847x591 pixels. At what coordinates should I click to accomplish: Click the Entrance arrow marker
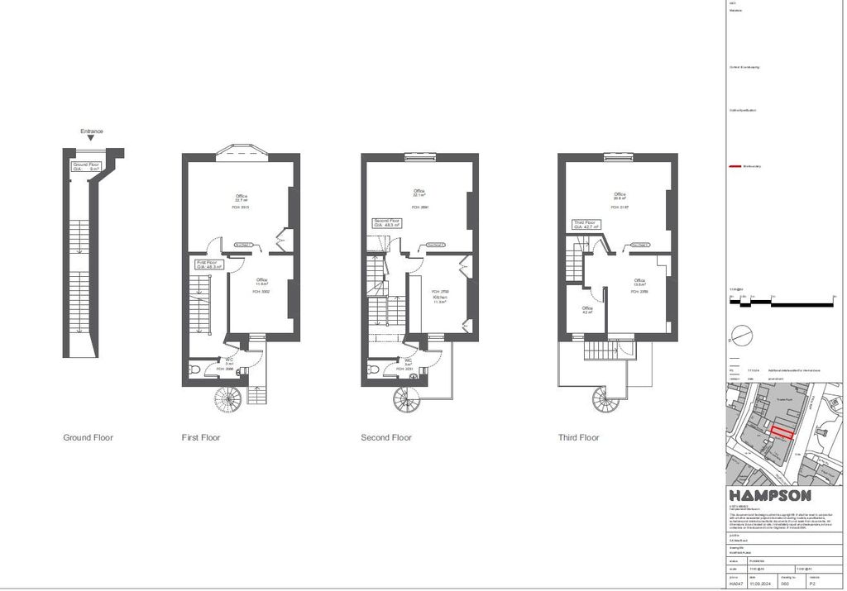coord(91,139)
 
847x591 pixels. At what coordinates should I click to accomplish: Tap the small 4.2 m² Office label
coord(586,310)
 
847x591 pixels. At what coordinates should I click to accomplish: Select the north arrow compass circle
coord(741,335)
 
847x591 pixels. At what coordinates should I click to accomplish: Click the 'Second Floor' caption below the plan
coord(385,437)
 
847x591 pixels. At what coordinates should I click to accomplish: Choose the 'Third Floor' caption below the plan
coord(579,437)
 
